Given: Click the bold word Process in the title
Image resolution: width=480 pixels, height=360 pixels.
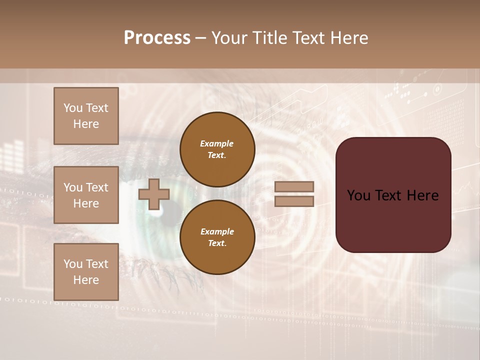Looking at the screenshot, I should click(157, 38).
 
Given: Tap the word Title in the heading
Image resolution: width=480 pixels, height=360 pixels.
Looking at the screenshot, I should click(269, 38).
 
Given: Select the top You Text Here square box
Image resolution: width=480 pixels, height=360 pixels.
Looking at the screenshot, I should click(86, 116).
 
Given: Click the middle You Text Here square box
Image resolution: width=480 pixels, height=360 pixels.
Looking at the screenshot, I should click(86, 195).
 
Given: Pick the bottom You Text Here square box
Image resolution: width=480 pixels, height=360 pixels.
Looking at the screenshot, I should click(86, 271).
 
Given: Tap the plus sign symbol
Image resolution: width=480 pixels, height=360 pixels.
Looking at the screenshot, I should click(154, 194).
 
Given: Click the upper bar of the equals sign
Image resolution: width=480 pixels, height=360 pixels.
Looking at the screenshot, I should click(294, 186).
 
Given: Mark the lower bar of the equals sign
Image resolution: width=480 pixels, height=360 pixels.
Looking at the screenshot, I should click(294, 201).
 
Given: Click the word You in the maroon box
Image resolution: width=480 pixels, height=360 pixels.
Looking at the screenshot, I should click(358, 195).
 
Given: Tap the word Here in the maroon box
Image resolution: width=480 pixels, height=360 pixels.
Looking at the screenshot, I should click(422, 195).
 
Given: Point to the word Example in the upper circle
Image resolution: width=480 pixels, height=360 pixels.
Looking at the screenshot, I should click(216, 143).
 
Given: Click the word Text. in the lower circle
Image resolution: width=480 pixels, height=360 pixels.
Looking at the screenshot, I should click(217, 243).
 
